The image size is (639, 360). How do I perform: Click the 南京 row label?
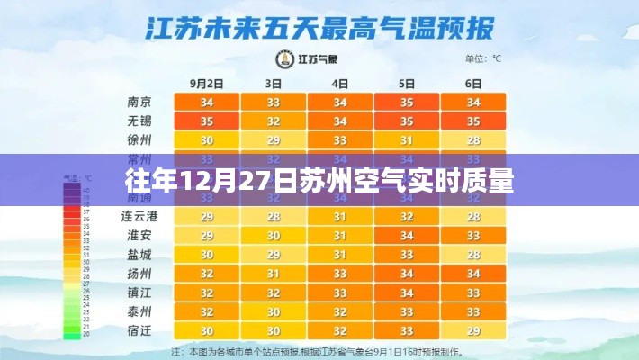[x=139, y=102]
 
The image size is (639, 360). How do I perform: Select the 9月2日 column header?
[x=206, y=83]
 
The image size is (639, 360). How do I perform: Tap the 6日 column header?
[x=473, y=83]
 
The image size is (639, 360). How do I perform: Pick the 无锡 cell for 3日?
[x=274, y=121]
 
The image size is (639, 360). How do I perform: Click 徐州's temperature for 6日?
[x=473, y=140]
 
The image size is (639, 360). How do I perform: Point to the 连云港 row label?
[x=139, y=217]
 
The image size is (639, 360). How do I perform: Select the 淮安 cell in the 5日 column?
[x=407, y=236]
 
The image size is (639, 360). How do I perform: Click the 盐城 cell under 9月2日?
[x=206, y=255]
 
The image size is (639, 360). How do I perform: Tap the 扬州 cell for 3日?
[x=274, y=274]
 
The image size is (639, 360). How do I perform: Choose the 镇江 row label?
[x=139, y=292]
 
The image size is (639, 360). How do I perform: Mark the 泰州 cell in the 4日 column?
[x=340, y=311]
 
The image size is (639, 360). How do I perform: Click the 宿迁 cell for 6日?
[x=473, y=330]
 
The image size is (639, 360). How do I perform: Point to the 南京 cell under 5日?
[x=407, y=102]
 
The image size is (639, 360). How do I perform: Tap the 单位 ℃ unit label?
[x=483, y=60]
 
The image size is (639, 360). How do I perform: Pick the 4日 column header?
[x=340, y=83]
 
